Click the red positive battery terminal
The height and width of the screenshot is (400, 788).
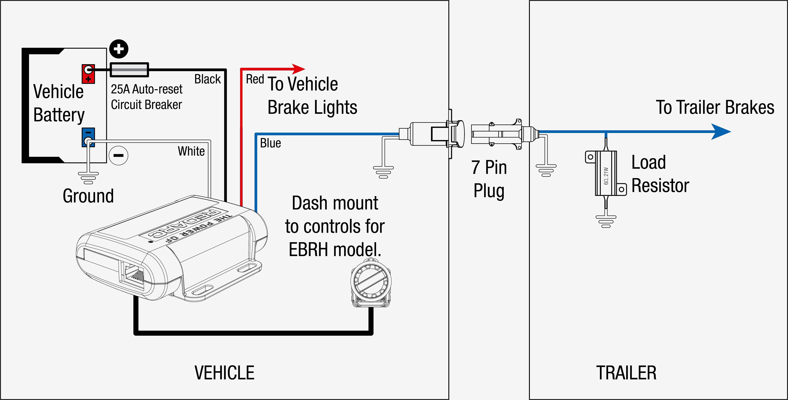click(x=88, y=74)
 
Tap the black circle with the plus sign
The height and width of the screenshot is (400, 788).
click(x=119, y=49)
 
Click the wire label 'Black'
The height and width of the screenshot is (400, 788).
click(x=207, y=79)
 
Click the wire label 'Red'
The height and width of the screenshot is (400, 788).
click(x=255, y=79)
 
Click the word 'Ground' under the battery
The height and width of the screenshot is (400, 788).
click(x=88, y=196)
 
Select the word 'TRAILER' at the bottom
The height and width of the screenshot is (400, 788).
click(x=626, y=373)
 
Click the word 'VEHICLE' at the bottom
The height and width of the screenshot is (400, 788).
click(x=224, y=373)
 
